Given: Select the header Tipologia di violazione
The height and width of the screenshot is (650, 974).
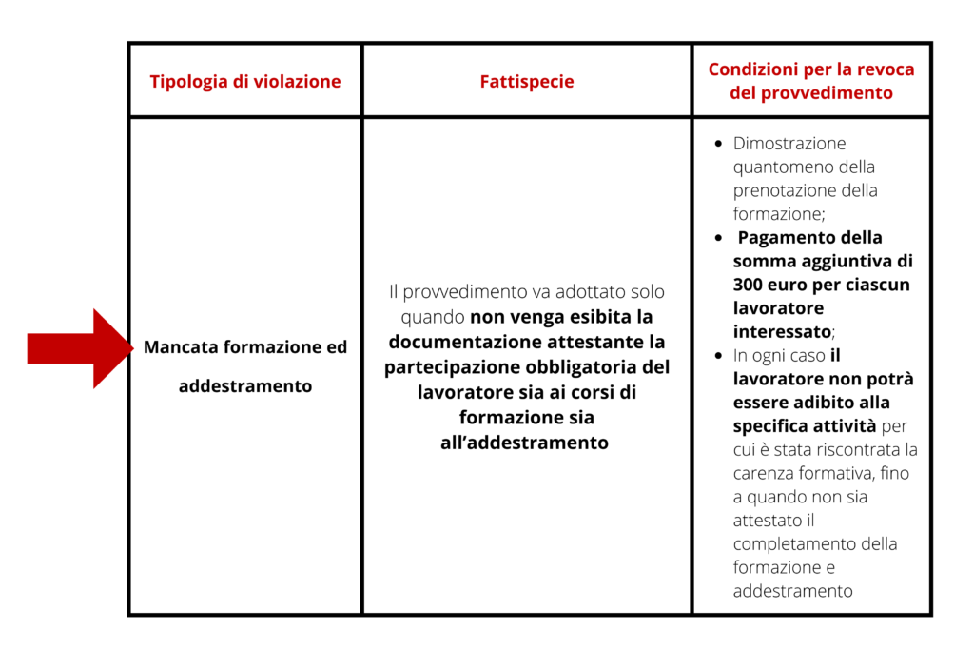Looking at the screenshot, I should (245, 82).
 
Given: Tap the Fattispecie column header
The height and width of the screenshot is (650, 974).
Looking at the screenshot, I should (527, 82).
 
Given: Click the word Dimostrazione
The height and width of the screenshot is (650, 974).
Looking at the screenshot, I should (789, 144).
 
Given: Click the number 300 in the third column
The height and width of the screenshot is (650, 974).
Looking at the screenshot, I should (750, 285).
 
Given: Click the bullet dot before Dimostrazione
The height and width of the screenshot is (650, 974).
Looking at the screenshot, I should (718, 145).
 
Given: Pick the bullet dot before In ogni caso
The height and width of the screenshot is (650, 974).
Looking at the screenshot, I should (718, 356).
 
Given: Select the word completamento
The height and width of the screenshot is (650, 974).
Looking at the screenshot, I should (791, 544).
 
